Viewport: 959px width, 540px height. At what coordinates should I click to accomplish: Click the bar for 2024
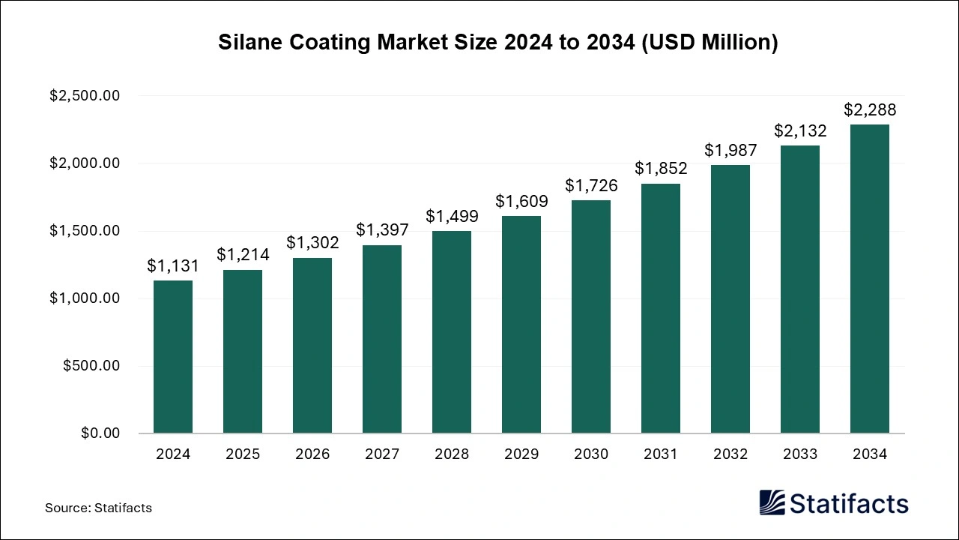[x=173, y=357]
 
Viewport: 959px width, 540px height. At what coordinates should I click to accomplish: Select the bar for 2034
[x=870, y=279]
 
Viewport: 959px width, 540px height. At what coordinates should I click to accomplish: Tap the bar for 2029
[x=521, y=325]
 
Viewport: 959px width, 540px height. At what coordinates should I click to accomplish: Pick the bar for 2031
[x=661, y=308]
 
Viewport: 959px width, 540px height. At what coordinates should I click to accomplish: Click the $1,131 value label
[x=173, y=266]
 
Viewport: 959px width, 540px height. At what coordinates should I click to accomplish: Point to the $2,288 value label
[x=870, y=110]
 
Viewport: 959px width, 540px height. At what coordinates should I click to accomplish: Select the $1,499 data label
[x=452, y=216]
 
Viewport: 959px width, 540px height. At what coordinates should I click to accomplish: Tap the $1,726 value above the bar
[x=591, y=184]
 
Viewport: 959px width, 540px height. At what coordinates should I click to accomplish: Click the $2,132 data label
[x=800, y=131]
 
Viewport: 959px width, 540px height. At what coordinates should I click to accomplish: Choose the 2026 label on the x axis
[x=312, y=454]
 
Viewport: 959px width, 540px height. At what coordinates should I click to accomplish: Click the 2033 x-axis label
[x=800, y=454]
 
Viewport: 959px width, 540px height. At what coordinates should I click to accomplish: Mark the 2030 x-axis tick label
[x=591, y=454]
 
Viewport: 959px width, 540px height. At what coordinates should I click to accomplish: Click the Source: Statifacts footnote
[x=98, y=508]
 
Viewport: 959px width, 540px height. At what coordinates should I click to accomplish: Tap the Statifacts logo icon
[x=772, y=502]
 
